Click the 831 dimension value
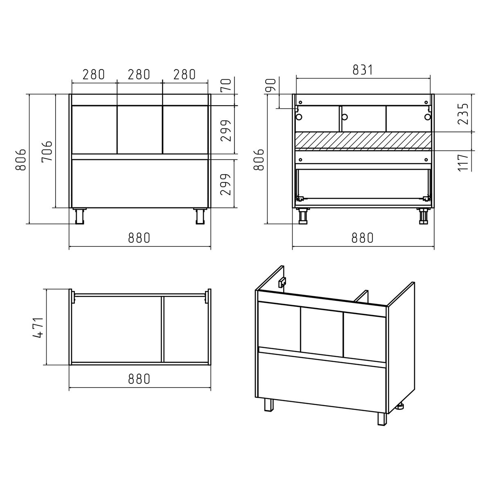pyautogui.click(x=363, y=70)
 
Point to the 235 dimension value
pyautogui.click(x=463, y=113)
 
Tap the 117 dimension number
pyautogui.click(x=463, y=162)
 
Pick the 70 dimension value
pyautogui.click(x=226, y=85)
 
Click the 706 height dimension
pyautogui.click(x=47, y=151)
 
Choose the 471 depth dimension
pyautogui.click(x=38, y=328)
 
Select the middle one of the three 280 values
pyautogui.click(x=139, y=74)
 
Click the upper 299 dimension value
pyautogui.click(x=226, y=131)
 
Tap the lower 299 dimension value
pyautogui.click(x=226, y=185)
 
